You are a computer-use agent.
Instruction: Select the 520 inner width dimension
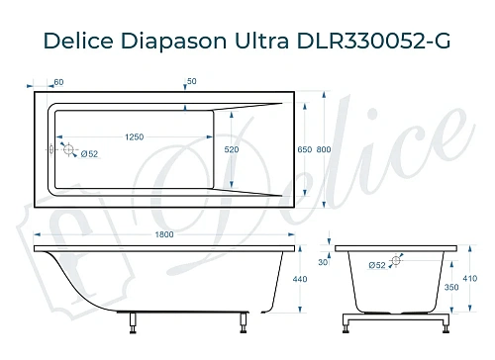(232, 149)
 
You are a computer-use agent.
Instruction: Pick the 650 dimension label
(304, 149)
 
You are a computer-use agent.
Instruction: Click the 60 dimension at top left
(58, 80)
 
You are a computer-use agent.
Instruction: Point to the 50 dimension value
(190, 80)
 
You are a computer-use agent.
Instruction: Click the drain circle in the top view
(68, 149)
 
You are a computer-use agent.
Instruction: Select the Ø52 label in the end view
(376, 265)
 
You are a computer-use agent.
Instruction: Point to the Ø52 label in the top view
(88, 154)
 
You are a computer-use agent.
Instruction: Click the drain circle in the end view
(398, 260)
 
